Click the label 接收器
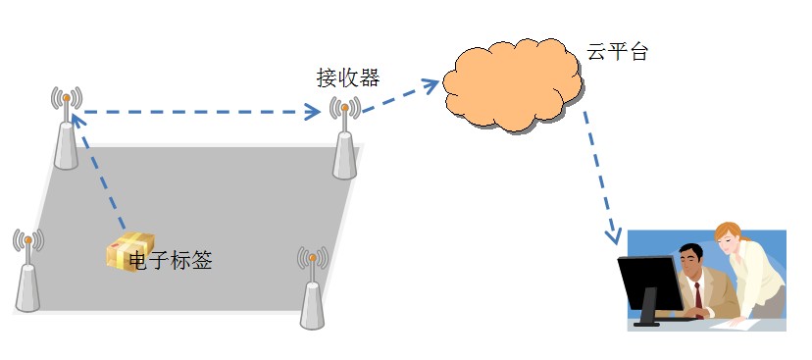[347, 77]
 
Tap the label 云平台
[618, 52]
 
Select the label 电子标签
[170, 260]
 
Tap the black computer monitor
[649, 285]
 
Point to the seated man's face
[692, 262]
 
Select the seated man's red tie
[697, 294]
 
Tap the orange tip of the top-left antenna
[66, 99]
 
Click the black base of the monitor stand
[651, 320]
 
